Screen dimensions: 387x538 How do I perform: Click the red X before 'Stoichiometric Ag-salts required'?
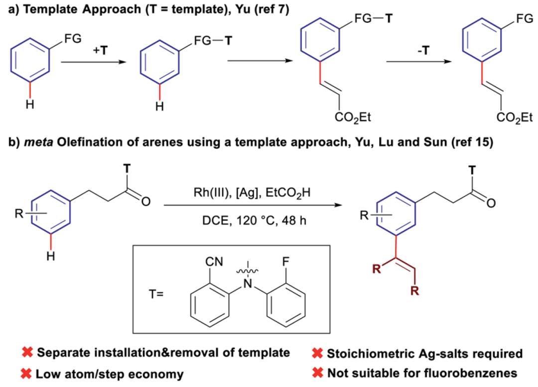click(x=317, y=354)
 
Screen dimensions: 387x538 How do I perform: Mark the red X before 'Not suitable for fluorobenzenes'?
click(x=317, y=373)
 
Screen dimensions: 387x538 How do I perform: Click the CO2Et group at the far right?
click(x=514, y=117)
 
